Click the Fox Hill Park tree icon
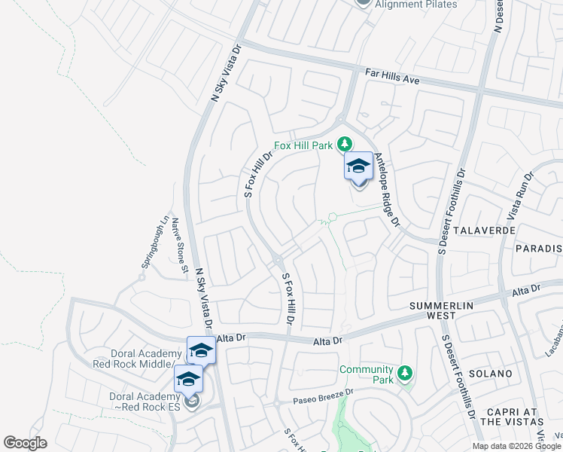[x=345, y=143]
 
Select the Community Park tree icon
[x=405, y=373]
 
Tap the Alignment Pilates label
[x=415, y=5]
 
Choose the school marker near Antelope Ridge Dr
[x=358, y=166]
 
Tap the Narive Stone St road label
[x=179, y=245]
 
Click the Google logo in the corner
[x=26, y=443]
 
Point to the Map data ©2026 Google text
[x=517, y=446]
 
